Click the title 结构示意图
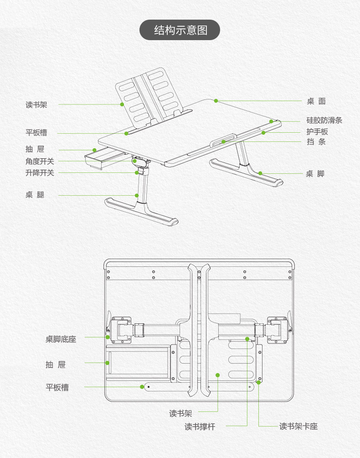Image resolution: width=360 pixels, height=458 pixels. [x=180, y=30]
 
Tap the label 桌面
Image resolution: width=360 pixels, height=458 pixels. [x=316, y=101]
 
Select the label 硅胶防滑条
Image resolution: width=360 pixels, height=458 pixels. [x=324, y=120]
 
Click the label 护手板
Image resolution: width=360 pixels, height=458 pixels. [x=317, y=132]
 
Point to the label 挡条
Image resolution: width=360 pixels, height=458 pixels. [x=316, y=142]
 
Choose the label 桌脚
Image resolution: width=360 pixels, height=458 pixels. [x=315, y=174]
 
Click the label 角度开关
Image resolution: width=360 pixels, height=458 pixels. [x=40, y=161]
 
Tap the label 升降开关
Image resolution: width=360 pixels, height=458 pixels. [x=40, y=172]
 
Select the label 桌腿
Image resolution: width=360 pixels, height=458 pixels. [x=35, y=195]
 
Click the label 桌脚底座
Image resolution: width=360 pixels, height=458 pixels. [x=61, y=339]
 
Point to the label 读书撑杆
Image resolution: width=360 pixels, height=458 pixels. [x=200, y=427]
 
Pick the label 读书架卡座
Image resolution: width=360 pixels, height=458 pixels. [x=298, y=426]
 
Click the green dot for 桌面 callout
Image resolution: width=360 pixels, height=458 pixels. [x=216, y=101]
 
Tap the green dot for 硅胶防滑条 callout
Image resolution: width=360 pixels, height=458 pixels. [x=271, y=121]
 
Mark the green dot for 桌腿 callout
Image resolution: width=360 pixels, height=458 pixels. [x=137, y=195]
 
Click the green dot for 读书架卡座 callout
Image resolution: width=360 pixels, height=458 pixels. [x=258, y=382]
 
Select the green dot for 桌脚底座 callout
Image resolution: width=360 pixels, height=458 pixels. [x=108, y=337]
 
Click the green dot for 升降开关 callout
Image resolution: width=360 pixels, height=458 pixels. [x=137, y=172]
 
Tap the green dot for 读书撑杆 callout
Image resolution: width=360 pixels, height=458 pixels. [x=247, y=339]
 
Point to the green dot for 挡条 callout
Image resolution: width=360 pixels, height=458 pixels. [x=223, y=142]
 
